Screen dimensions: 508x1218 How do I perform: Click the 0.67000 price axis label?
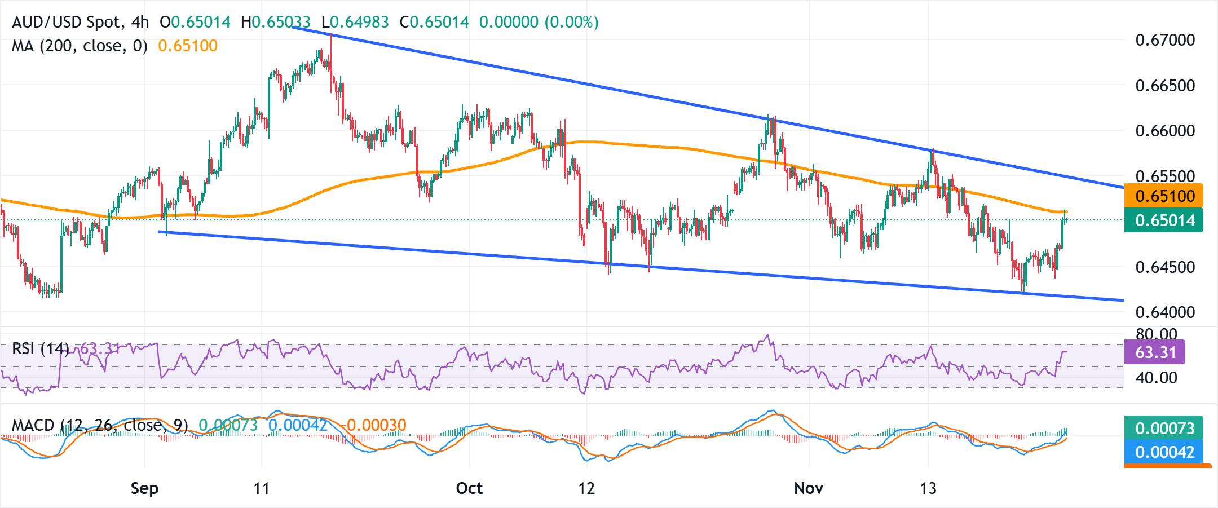[x=1165, y=40]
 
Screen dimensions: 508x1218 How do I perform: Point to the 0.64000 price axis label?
[x=1165, y=312]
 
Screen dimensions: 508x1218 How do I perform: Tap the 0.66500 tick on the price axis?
[x=1165, y=86]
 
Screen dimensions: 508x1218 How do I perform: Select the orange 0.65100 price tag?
[x=1164, y=196]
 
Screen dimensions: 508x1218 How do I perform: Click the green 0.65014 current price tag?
[x=1164, y=220]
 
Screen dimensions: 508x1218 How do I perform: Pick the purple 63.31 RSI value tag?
[x=1155, y=352]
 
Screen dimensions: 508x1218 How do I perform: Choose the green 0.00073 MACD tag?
[x=1164, y=428]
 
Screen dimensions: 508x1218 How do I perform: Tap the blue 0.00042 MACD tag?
[x=1164, y=452]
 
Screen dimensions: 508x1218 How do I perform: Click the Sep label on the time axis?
[x=144, y=488]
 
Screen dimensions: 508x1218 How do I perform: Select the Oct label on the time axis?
[x=469, y=488]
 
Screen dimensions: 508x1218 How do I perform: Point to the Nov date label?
[x=809, y=488]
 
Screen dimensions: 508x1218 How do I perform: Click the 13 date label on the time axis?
[x=928, y=488]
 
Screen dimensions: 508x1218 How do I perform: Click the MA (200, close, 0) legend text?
[x=80, y=46]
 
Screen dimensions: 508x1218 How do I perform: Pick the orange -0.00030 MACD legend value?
[x=376, y=425]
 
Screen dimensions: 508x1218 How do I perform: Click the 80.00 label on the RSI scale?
[x=1157, y=334]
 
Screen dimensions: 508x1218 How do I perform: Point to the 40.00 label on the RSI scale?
[x=1157, y=377]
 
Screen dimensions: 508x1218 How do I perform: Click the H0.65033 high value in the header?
[x=276, y=22]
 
